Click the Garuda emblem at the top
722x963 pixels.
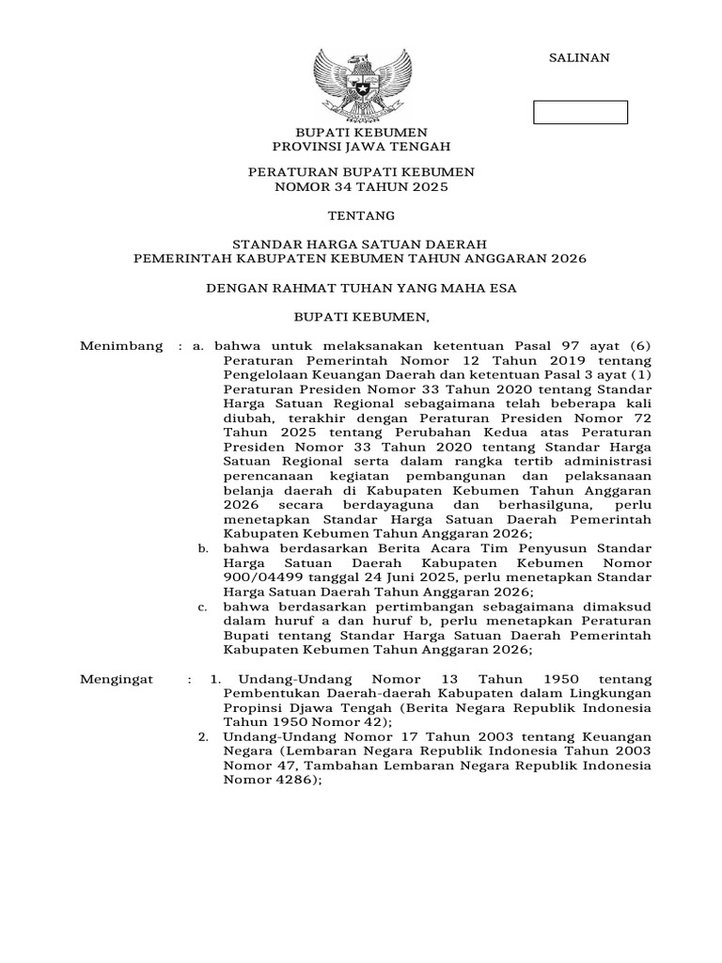click(361, 82)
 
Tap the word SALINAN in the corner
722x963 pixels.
click(579, 57)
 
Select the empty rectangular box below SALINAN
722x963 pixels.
click(580, 113)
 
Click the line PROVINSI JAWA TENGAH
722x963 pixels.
click(361, 147)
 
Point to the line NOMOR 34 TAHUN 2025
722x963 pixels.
click(361, 187)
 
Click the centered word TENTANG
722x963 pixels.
click(361, 215)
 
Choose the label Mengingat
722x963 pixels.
click(119, 678)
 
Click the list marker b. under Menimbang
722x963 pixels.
click(202, 547)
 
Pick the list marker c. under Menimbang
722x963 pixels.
click(202, 607)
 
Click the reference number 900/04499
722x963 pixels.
click(260, 576)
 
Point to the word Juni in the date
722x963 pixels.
click(383, 576)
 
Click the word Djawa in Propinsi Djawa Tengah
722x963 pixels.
click(317, 707)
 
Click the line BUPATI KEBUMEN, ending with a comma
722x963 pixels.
click(362, 317)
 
